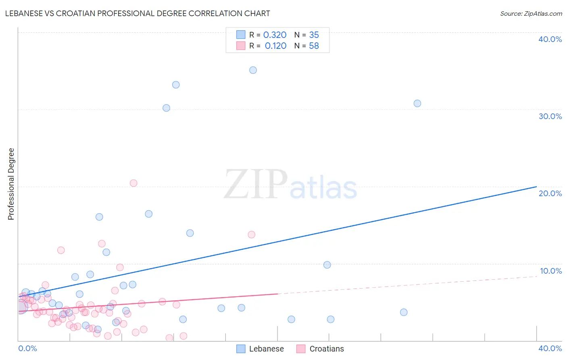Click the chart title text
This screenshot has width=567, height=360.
(x=138, y=13)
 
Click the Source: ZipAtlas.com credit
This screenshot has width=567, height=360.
(x=531, y=13)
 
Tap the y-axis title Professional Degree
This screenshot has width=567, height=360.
(x=11, y=184)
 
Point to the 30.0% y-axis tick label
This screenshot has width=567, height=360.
(x=550, y=116)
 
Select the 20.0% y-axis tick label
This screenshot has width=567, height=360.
(x=550, y=193)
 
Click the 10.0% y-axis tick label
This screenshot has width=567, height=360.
(x=550, y=271)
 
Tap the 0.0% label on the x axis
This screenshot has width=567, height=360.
(x=27, y=348)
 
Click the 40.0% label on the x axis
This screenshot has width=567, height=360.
(x=550, y=348)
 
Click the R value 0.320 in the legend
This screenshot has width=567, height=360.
(x=275, y=35)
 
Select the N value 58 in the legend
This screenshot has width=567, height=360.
(x=314, y=46)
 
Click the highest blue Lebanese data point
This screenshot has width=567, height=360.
(x=253, y=70)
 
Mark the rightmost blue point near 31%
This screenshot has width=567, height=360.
(x=417, y=103)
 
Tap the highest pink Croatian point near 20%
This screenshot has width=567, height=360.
(x=133, y=183)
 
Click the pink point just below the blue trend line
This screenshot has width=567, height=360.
(x=251, y=234)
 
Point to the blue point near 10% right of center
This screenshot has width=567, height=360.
(x=327, y=265)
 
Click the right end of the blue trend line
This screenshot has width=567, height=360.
(x=536, y=186)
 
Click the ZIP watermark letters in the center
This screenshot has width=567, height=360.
(x=256, y=184)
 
